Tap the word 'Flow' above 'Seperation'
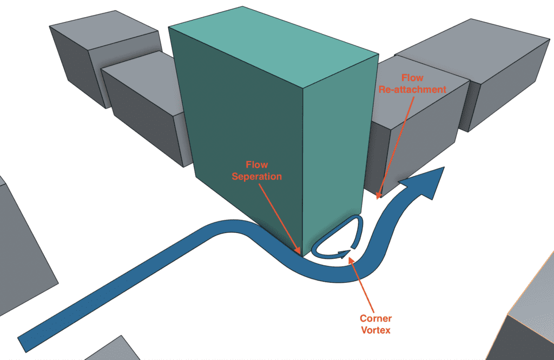(257, 164)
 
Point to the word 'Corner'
(375, 318)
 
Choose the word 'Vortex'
(375, 330)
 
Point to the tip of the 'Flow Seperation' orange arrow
(299, 252)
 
